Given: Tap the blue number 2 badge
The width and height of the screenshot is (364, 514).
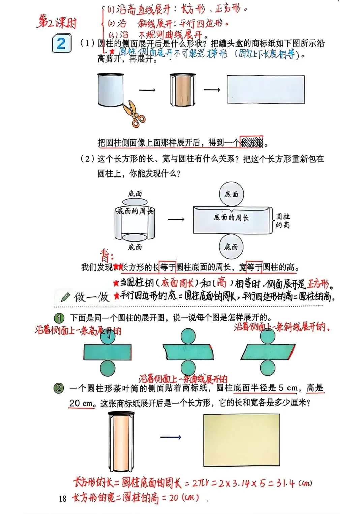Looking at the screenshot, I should pos(61,43).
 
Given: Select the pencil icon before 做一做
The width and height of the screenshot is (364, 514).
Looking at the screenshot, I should pos(65,297).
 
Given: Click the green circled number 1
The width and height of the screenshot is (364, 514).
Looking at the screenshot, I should pos(59,318).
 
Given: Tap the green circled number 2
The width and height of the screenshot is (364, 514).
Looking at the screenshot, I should pos(59,388).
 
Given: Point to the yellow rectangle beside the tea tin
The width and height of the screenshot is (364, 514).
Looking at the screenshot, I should pos(241,440).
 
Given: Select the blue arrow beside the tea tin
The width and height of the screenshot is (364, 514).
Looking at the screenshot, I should pos(171,437).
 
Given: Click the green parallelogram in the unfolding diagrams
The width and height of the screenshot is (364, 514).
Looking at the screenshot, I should pos(268,352).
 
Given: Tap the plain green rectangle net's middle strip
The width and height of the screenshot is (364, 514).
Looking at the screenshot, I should pos(108,352).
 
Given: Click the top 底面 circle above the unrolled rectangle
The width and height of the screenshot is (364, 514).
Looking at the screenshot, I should pos(231,194).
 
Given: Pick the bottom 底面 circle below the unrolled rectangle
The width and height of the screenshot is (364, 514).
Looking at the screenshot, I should pos(231,247).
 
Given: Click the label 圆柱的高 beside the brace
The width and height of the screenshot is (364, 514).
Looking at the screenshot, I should pos(283,221).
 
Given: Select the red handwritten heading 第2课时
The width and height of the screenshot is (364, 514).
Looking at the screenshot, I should pos(57,22).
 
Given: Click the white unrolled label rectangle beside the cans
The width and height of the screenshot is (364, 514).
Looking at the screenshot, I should pos(266,90).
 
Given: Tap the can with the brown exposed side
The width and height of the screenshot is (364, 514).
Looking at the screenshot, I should pos(182,90).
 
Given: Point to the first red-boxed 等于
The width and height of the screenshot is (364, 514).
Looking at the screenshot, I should pos(168,267).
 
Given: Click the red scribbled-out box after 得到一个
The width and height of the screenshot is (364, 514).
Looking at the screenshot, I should pos(251,142).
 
